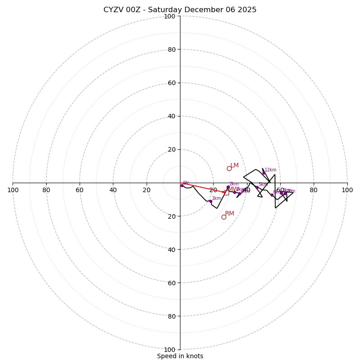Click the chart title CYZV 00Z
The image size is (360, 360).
tap(180, 10)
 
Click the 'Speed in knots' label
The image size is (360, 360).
tap(180, 356)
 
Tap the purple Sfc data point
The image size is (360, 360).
tap(182, 185)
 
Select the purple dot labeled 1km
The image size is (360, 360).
tap(210, 201)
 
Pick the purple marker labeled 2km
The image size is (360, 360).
tap(228, 187)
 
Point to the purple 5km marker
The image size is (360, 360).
tap(257, 187)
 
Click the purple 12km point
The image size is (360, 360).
tap(264, 173)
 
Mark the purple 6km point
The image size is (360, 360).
tap(272, 195)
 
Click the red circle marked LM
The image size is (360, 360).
tap(229, 168)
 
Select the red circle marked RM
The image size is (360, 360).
tap(224, 217)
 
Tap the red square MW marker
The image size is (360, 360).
tap(227, 193)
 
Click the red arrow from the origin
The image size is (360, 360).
tap(202, 188)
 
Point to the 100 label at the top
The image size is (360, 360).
tap(170, 16)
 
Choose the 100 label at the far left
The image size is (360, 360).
tap(13, 190)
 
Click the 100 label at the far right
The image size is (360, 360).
tap(347, 190)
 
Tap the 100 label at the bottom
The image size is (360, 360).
tap(170, 350)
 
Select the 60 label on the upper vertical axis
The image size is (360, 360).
tap(171, 83)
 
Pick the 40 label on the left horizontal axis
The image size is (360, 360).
tap(113, 190)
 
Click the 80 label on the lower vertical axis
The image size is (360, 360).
tap(171, 316)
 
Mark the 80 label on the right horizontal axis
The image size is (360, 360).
tap(314, 190)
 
